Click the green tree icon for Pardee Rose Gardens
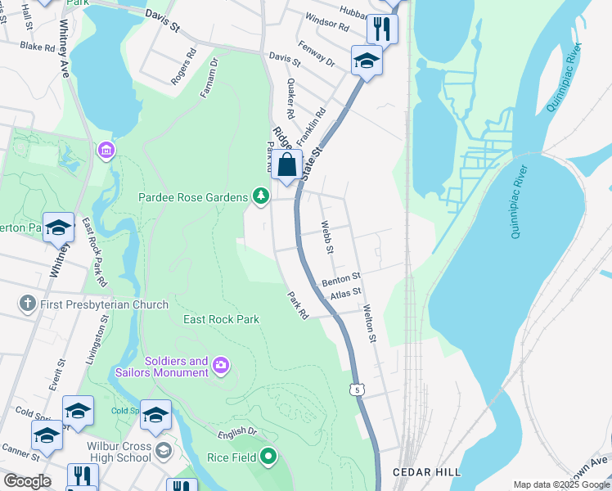tap(260, 196)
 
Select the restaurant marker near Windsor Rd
tap(382, 29)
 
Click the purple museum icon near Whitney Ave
tap(106, 151)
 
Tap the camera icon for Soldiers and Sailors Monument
tap(220, 365)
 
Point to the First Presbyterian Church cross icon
tap(27, 304)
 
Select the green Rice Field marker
tap(268, 457)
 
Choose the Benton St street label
tap(341, 280)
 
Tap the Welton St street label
tap(369, 324)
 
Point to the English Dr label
tap(238, 434)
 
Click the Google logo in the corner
tap(27, 481)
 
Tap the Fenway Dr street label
tap(317, 55)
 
